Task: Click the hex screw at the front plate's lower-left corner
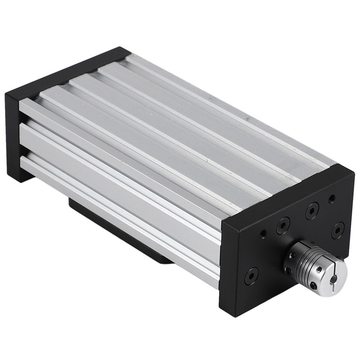click(x=251, y=276)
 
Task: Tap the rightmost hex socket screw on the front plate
click(x=338, y=230)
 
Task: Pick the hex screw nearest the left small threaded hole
click(x=283, y=225)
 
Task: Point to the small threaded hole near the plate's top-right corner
click(x=332, y=198)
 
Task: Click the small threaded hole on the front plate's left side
click(x=263, y=234)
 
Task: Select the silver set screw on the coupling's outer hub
click(x=319, y=269)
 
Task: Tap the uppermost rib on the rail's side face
click(x=117, y=144)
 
